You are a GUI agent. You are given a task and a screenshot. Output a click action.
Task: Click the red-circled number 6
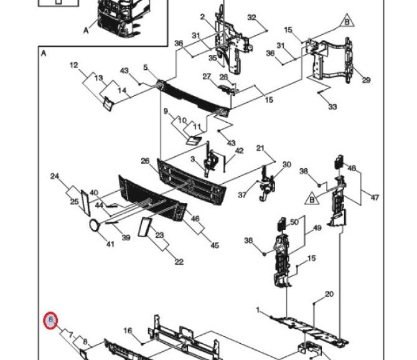[52, 321]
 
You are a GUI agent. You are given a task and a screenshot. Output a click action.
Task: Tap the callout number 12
[73, 65]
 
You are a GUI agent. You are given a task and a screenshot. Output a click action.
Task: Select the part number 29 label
[366, 80]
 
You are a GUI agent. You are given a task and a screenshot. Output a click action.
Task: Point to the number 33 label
[332, 107]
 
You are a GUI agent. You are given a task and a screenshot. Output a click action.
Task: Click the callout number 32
[251, 17]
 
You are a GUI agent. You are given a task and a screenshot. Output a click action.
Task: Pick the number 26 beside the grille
[145, 161]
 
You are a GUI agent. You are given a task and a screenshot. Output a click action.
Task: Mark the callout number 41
[110, 244]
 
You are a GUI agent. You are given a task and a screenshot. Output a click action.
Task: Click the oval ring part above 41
[95, 225]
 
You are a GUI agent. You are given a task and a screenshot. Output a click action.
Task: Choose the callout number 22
[179, 262]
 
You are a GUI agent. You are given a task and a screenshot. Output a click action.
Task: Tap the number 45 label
[215, 245]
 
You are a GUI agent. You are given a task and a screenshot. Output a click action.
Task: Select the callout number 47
[375, 197]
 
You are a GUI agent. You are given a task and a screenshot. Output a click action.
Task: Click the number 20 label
[329, 294]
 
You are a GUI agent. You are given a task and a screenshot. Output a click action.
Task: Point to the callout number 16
[128, 331]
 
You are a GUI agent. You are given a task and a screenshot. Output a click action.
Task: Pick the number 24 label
[55, 176]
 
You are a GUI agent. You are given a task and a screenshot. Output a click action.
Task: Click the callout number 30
[286, 165]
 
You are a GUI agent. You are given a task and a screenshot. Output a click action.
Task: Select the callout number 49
[317, 228]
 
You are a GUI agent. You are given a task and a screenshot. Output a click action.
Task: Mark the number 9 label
[166, 111]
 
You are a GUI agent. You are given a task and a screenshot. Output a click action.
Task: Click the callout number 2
[202, 16]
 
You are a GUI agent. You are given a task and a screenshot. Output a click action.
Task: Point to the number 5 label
[145, 67]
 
